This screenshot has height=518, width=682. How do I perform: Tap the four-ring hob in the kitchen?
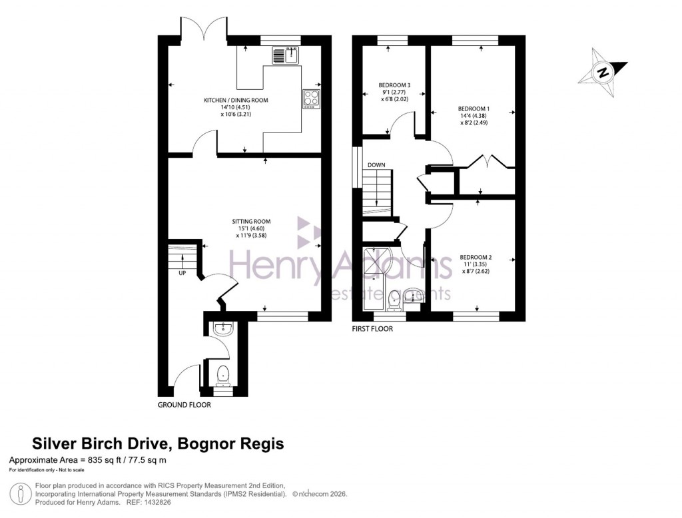[311, 99]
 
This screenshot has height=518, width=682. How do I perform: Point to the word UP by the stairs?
[182, 273]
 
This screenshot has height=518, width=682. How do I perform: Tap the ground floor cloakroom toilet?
[222, 376]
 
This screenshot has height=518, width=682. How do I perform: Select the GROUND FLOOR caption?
[184, 405]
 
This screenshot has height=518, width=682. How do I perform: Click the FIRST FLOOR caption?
[372, 329]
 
